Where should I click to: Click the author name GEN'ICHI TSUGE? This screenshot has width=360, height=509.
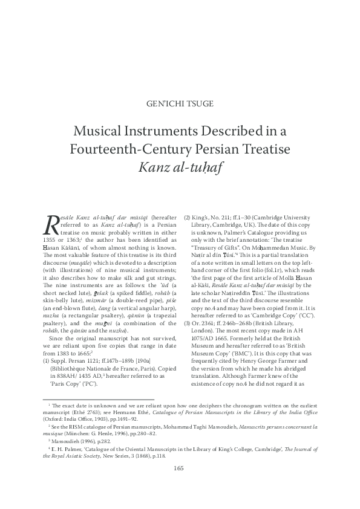180,103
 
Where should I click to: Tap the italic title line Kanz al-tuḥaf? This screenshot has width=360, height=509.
180,166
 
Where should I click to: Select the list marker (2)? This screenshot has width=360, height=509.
188,216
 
